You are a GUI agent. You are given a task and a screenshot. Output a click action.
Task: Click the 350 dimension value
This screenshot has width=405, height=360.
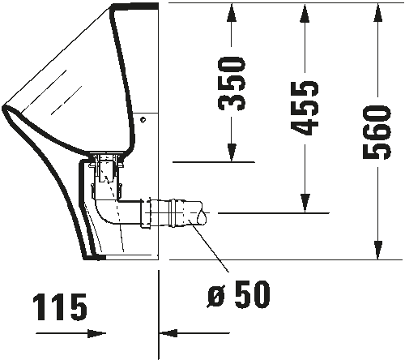[232, 84]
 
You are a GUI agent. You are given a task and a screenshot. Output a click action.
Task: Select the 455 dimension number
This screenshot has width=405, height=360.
[305, 108]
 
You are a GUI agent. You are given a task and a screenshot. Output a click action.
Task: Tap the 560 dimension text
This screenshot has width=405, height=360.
[377, 132]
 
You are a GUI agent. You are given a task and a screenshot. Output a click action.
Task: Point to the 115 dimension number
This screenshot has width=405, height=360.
[60, 307]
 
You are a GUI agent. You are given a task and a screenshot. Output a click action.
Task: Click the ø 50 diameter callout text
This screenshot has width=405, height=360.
[239, 294]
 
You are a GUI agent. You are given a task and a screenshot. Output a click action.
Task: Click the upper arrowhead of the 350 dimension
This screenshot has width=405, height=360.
[232, 13]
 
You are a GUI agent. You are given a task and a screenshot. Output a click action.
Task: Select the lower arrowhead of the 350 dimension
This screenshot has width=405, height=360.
[232, 152]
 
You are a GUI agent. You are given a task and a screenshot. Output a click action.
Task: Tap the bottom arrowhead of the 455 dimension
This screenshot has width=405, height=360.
[305, 204]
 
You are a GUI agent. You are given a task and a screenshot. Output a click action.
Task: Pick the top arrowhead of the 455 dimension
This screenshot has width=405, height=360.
[305, 13]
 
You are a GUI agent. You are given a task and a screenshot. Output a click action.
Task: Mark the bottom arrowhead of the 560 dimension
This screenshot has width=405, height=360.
[378, 250]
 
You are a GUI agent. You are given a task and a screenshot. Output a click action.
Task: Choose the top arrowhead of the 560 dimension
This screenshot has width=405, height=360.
[377, 13]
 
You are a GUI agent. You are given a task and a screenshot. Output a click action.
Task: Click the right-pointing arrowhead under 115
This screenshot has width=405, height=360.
[96, 333]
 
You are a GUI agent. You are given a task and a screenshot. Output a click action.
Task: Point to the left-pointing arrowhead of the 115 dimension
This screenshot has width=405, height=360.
[168, 333]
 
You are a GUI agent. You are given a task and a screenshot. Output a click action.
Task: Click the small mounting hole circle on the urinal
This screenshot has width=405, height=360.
[143, 119]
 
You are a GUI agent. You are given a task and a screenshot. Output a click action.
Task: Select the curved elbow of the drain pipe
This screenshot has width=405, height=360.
[104, 214]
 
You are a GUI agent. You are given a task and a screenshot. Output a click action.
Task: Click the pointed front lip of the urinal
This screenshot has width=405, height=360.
[5, 109]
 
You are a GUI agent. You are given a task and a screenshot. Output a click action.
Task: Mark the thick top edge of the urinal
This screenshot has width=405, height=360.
[134, 6]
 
